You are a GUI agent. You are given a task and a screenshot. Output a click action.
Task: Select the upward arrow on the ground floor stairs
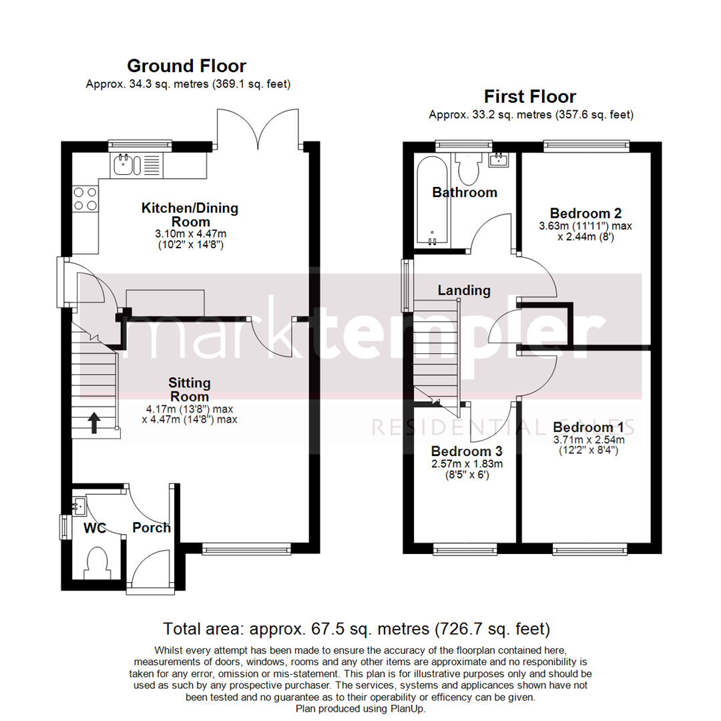point(94,423)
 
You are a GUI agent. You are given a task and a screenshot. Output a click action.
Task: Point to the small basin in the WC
point(79,505)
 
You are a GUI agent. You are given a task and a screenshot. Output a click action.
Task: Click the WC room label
point(95,528)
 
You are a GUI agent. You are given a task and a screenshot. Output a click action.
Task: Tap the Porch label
point(152,528)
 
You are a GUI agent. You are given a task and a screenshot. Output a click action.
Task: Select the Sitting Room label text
point(190,390)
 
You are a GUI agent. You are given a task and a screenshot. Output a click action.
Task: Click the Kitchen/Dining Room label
point(190,215)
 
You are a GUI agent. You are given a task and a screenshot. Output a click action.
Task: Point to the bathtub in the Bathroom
point(431,200)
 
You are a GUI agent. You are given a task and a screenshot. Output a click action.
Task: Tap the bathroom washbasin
point(498,160)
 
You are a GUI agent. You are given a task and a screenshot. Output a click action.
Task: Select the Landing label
point(464,290)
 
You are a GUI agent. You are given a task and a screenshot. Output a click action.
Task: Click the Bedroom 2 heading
point(585,214)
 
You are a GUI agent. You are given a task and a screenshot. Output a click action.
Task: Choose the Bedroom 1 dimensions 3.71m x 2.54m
point(588,440)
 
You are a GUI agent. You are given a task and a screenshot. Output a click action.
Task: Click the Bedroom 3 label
point(465,451)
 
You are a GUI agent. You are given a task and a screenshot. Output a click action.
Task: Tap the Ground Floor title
point(186,66)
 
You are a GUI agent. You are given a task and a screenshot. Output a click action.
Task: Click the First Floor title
point(530,97)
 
